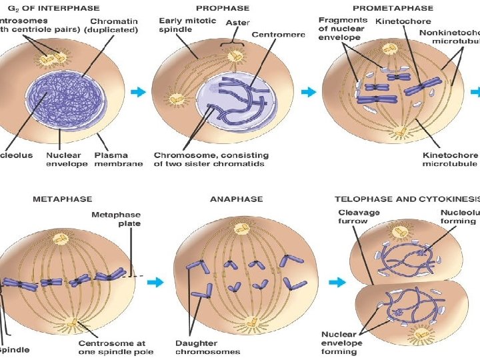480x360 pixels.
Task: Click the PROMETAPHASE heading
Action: pyautogui.click(x=393, y=9)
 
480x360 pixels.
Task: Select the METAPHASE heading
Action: pyautogui.click(x=62, y=199)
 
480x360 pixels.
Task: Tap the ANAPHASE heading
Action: pyautogui.click(x=236, y=199)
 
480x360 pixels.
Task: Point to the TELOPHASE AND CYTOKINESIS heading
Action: pyautogui.click(x=407, y=199)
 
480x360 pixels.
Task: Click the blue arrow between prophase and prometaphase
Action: pyautogui.click(x=309, y=92)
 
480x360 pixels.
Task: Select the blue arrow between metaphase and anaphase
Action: pyautogui.click(x=155, y=282)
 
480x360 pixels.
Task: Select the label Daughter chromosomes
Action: pyautogui.click(x=208, y=347)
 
